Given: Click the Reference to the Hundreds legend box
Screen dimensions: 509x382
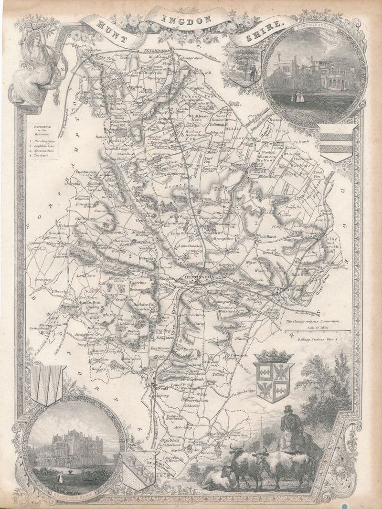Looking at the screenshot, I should pos(42,141).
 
